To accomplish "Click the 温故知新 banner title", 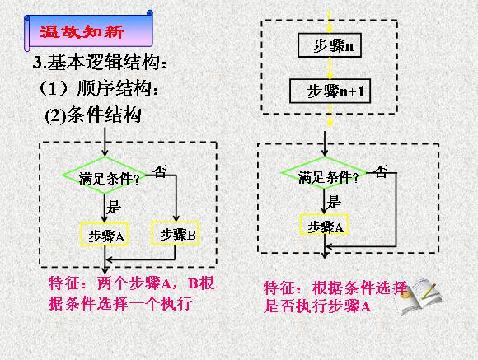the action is pos(82,31).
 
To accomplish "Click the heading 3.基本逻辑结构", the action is pos(100,62).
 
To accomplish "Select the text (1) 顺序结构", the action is pos(99,88).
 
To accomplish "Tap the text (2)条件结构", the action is pos(93,115).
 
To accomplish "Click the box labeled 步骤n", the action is pos(330,45).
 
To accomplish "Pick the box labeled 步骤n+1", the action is pos(330,91).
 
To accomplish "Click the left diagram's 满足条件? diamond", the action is pos(105,175).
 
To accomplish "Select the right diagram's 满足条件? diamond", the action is pos(324,173).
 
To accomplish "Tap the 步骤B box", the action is pos(176,233).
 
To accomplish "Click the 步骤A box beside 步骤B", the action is pos(104,234).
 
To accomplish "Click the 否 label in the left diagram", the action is pos(160,171).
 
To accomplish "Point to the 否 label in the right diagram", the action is pos(381,171).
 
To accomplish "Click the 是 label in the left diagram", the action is pos(114,207).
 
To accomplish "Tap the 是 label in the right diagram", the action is pos(334,202).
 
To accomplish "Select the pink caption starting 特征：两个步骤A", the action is pos(131,293).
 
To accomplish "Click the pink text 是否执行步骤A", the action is pos(317,306).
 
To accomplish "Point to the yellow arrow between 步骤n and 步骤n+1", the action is pos(330,68).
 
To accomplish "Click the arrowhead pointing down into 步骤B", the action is pos(176,217).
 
